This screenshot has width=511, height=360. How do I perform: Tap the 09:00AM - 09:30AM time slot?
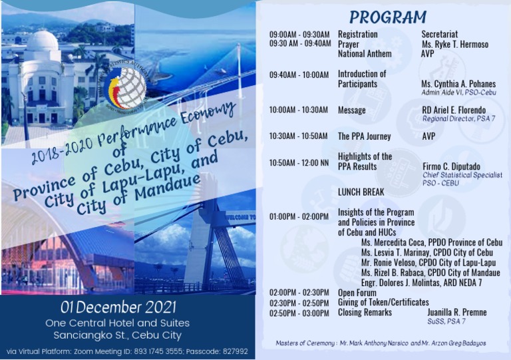(299, 34)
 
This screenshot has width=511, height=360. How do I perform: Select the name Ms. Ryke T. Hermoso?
(454, 45)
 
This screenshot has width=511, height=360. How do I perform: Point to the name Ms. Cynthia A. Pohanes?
(458, 85)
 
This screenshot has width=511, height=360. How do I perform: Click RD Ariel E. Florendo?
(454, 110)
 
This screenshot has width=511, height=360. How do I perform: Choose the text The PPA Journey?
(364, 136)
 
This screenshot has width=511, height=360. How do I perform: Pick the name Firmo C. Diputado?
(452, 166)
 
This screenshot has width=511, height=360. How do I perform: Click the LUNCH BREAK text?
(361, 192)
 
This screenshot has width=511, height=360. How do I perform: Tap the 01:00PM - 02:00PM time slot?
(299, 217)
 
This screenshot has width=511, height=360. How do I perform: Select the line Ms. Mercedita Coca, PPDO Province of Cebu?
(431, 243)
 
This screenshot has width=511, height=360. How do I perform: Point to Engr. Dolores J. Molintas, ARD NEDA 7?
(421, 283)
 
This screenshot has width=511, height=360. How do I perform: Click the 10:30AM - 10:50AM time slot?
(299, 136)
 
